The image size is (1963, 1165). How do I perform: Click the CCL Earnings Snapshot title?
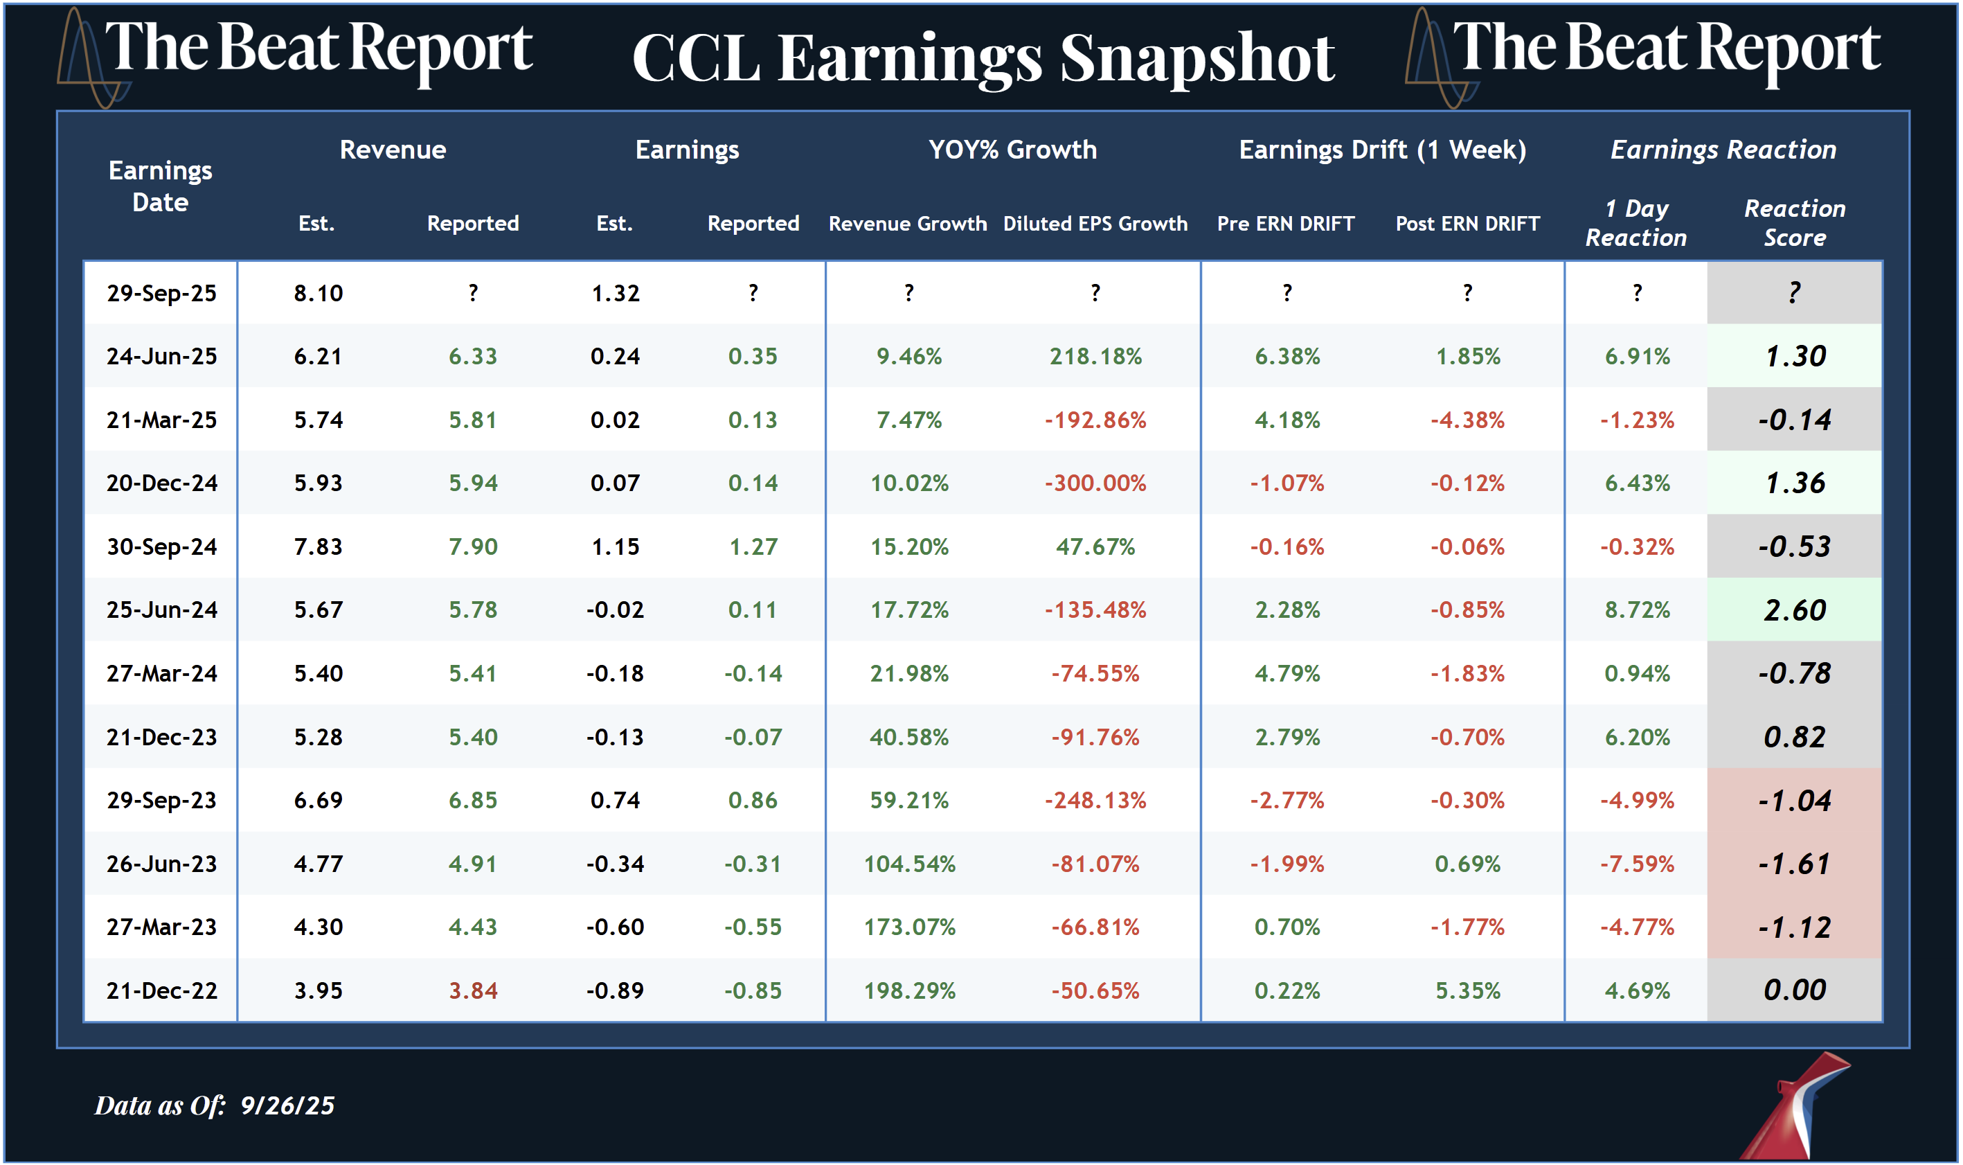click(983, 59)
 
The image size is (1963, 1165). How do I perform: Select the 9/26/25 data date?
click(287, 1105)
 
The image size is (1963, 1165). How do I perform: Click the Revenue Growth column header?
click(908, 224)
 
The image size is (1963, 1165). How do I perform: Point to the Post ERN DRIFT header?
click(1467, 224)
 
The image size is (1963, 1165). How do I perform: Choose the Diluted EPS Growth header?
click(1095, 224)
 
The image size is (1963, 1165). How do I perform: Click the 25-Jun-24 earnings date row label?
click(161, 610)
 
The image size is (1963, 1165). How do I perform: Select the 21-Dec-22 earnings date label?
click(161, 990)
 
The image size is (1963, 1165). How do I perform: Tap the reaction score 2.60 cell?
click(1794, 610)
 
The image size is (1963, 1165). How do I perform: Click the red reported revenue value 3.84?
click(473, 990)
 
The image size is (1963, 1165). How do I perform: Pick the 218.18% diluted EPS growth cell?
click(1095, 357)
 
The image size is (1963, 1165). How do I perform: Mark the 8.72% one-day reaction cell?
click(1637, 610)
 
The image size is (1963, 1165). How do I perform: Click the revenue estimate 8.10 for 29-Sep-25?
click(318, 294)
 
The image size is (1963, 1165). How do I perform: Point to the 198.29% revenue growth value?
click(909, 990)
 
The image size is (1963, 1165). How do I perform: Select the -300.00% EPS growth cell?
click(1095, 483)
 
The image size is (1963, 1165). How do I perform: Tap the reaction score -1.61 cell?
click(1794, 864)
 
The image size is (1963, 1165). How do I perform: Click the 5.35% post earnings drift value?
click(1467, 990)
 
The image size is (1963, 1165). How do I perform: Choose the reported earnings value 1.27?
click(753, 546)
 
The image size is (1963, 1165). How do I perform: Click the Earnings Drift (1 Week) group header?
click(1383, 149)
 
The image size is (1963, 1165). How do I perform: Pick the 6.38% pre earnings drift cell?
click(1287, 357)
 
